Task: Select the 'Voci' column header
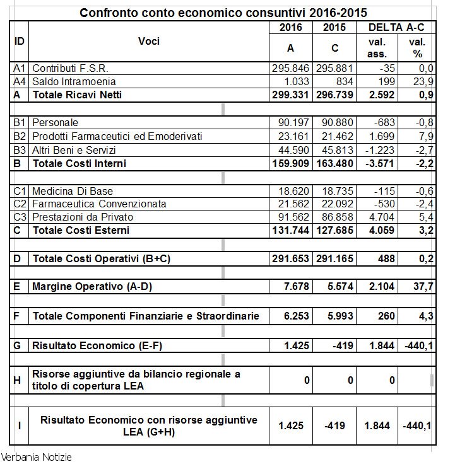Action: [149, 42]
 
